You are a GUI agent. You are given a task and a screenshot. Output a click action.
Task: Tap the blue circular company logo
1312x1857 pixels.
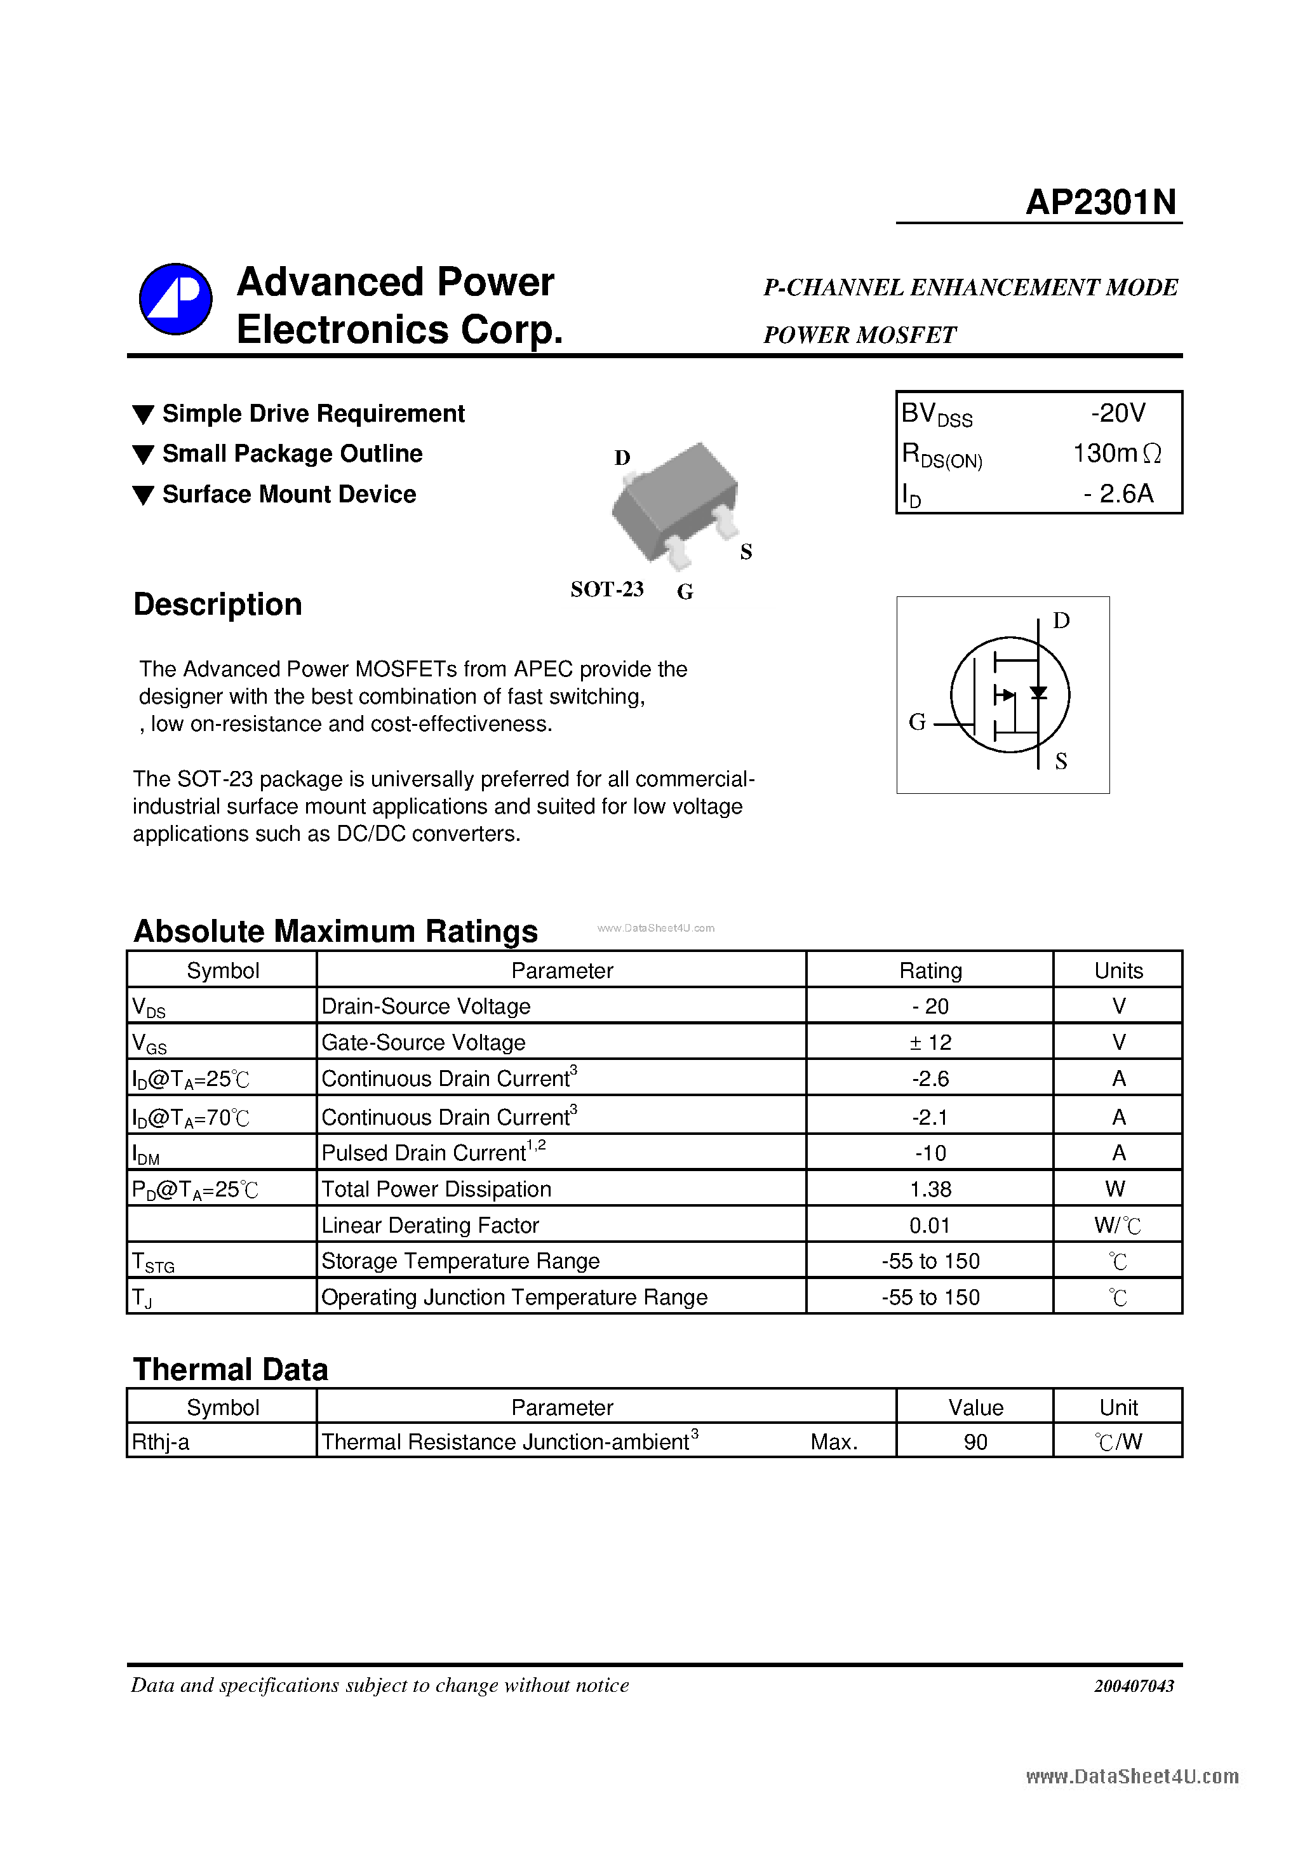[x=175, y=298]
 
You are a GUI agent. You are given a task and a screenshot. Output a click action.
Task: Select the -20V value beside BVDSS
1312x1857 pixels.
[x=1118, y=413]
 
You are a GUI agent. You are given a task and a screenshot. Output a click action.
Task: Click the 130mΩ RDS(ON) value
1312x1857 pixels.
[x=1116, y=453]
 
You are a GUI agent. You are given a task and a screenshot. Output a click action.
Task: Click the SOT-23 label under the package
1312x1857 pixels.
[x=606, y=589]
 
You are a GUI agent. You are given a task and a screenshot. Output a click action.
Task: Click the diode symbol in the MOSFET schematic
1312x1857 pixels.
[x=1038, y=692]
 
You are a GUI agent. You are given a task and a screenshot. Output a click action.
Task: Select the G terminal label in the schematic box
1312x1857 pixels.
[x=916, y=721]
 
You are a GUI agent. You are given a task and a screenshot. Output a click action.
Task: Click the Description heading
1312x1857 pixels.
[x=218, y=604]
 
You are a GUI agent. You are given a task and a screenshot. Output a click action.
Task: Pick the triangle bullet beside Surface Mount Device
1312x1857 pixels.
[x=143, y=495]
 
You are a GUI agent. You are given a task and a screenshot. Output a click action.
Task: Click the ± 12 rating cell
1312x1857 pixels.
[x=930, y=1043]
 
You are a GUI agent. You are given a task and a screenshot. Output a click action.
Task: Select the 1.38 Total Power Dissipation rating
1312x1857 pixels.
[x=930, y=1189]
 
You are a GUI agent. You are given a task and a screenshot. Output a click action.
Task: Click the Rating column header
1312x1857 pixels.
[x=930, y=970]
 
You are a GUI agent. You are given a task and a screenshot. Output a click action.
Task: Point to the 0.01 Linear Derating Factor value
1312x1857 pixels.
[x=930, y=1225]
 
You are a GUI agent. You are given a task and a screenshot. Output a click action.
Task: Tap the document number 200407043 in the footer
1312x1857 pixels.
[x=1134, y=1686]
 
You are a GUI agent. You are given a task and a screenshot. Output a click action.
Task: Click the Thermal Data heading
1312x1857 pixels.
[x=231, y=1369]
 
